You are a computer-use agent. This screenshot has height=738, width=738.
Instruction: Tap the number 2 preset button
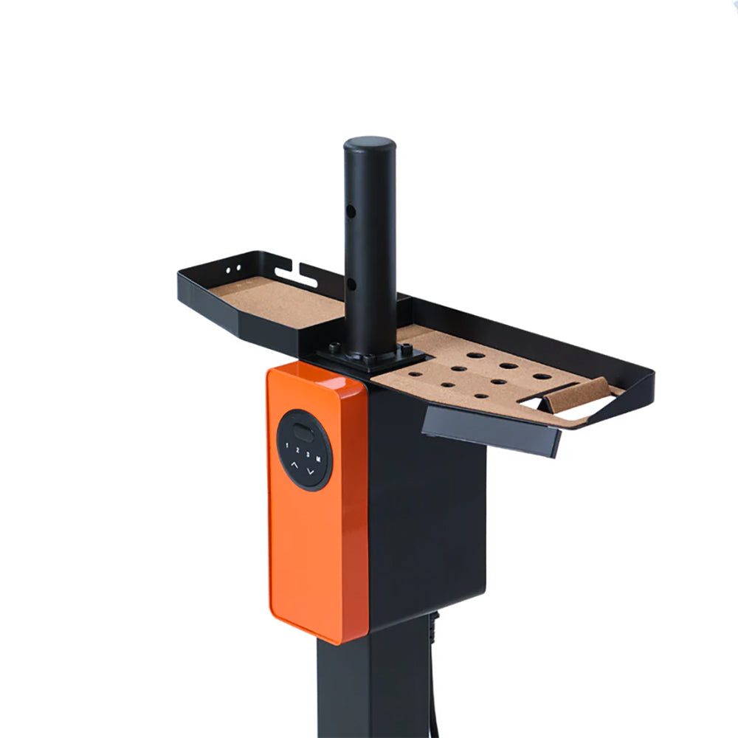[x=297, y=449]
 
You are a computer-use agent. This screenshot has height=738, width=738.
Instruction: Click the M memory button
[x=318, y=458]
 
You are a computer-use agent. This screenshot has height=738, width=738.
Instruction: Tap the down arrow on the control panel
[x=311, y=470]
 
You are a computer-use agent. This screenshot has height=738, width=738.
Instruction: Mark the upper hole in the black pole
[x=352, y=211]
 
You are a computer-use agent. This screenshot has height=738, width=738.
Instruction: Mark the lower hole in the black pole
[x=352, y=285]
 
